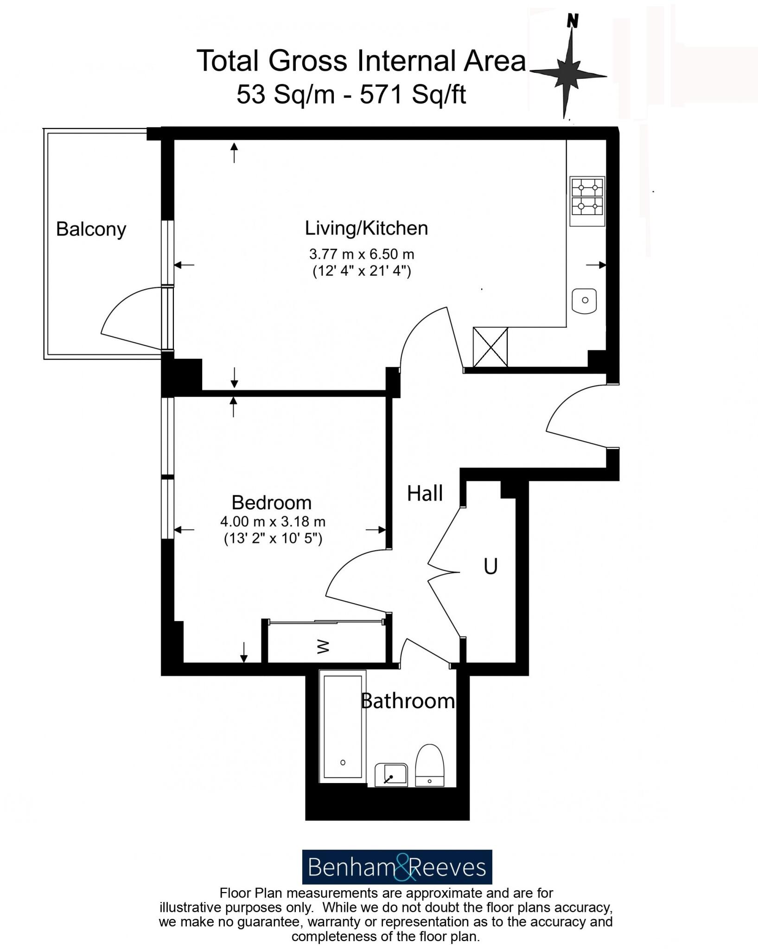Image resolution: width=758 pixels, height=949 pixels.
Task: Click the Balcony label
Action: (x=91, y=229)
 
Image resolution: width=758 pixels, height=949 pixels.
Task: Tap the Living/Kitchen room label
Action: (x=366, y=228)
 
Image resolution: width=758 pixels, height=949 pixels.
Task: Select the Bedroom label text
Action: (x=271, y=502)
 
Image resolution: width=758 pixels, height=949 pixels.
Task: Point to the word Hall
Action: (x=425, y=493)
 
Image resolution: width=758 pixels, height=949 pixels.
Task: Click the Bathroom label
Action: (x=408, y=701)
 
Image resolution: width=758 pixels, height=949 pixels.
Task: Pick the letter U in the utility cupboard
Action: (x=490, y=566)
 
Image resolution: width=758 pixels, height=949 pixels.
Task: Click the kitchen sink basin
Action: (x=584, y=300)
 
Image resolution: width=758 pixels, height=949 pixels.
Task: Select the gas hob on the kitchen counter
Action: (x=587, y=197)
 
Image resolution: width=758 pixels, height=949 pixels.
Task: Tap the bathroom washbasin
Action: (x=391, y=774)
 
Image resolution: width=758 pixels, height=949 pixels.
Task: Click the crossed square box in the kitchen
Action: (x=490, y=347)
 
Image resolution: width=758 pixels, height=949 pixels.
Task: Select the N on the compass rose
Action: (x=573, y=21)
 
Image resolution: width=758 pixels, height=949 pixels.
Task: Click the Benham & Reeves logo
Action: (x=397, y=867)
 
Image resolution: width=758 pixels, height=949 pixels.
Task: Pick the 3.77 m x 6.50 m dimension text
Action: (x=362, y=254)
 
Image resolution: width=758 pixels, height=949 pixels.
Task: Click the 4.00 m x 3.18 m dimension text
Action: (x=273, y=522)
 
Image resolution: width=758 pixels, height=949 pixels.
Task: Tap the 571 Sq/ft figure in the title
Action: (x=413, y=95)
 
